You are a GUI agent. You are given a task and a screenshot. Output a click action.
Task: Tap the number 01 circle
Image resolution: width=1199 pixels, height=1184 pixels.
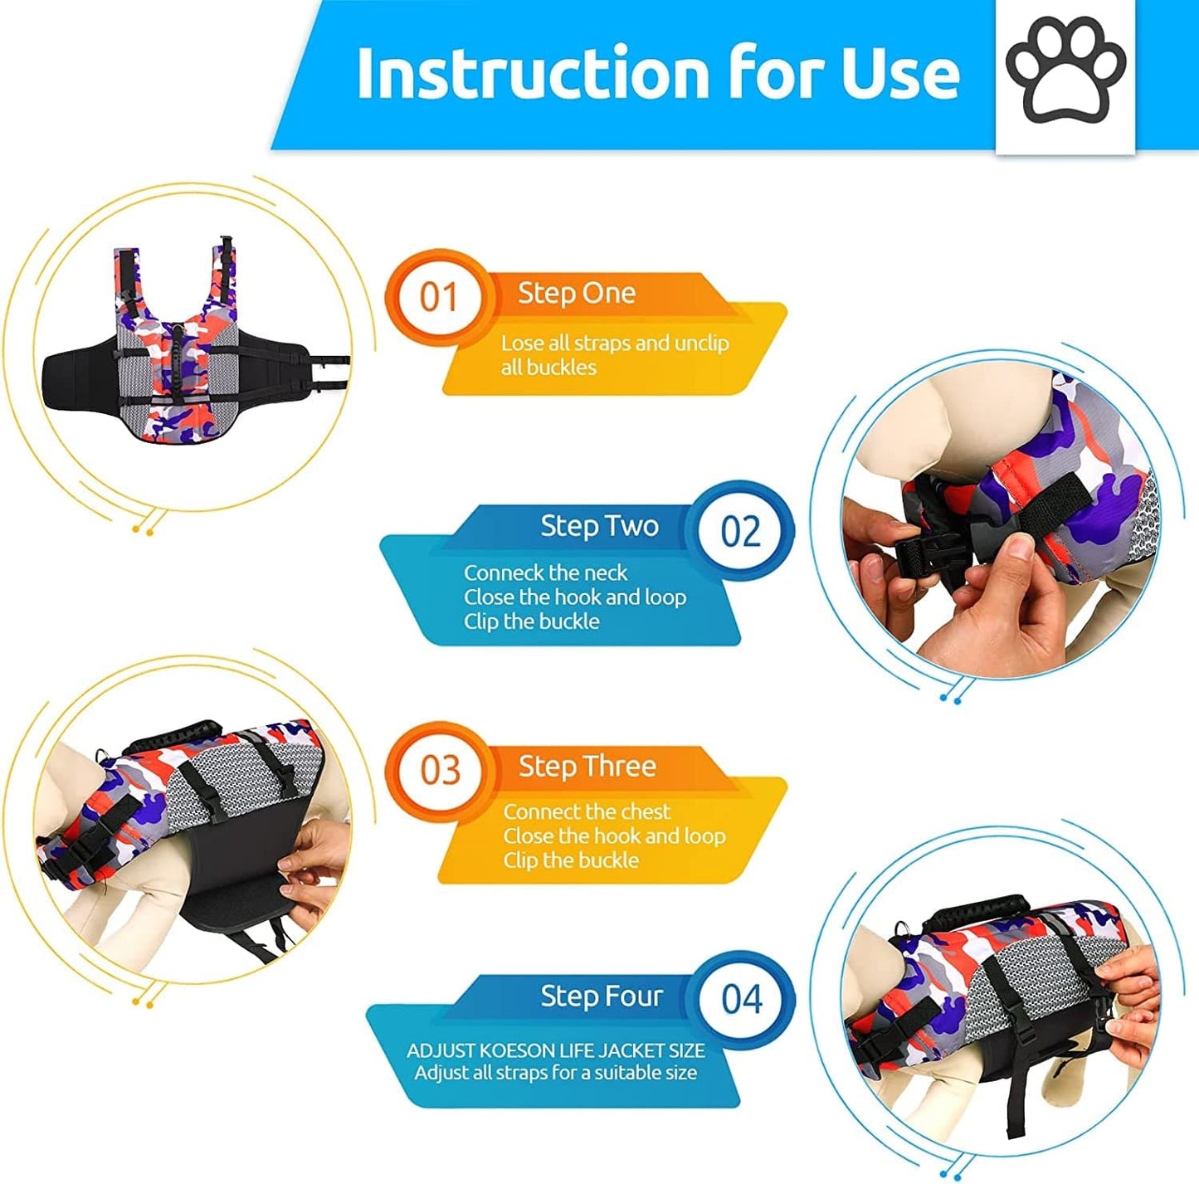pyautogui.click(x=438, y=297)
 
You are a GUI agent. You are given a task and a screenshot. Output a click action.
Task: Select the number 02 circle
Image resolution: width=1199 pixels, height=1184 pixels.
pyautogui.click(x=740, y=531)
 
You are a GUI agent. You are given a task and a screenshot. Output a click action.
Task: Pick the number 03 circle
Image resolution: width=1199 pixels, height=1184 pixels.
pyautogui.click(x=440, y=770)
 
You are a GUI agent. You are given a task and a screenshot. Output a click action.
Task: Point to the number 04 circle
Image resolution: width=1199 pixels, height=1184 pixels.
pyautogui.click(x=741, y=1000)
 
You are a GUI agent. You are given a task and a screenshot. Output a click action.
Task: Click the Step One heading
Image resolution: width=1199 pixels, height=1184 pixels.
pyautogui.click(x=577, y=293)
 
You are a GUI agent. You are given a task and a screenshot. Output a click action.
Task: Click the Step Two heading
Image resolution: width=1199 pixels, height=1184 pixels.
pyautogui.click(x=599, y=526)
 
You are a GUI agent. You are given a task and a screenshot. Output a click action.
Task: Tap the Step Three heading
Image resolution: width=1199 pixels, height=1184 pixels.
pyautogui.click(x=587, y=766)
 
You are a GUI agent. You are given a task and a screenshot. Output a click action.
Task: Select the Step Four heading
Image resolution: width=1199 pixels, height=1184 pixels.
pyautogui.click(x=602, y=996)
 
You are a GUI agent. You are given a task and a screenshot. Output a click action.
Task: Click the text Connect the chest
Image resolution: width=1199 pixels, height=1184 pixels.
pyautogui.click(x=586, y=811)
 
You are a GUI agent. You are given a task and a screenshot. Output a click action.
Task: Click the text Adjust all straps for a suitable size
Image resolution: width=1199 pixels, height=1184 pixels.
pyautogui.click(x=555, y=1073)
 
